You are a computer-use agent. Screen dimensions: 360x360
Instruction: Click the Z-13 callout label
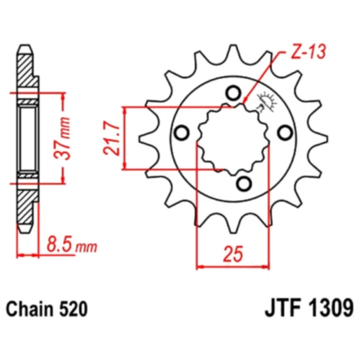click(308, 51)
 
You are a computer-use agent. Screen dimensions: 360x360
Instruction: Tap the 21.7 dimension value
click(112, 138)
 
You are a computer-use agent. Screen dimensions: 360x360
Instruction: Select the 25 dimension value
click(233, 254)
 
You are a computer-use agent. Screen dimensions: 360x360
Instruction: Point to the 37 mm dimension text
click(62, 138)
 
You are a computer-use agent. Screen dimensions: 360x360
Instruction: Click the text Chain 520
click(47, 309)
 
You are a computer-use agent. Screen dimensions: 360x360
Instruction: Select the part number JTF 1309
click(309, 308)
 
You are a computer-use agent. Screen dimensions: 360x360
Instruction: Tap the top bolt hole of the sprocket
click(233, 93)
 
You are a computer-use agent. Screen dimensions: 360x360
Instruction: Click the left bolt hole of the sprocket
click(181, 133)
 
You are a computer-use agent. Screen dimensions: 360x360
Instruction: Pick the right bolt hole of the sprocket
click(285, 133)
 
